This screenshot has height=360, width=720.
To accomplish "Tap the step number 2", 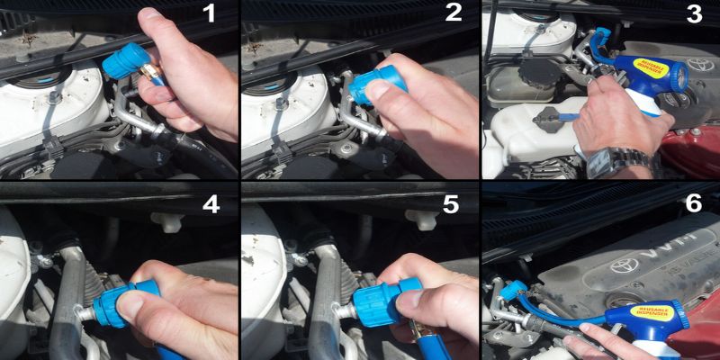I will pos(453,14).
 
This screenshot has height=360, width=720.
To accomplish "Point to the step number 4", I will pos(210,203).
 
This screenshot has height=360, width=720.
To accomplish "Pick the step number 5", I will pos(453,203).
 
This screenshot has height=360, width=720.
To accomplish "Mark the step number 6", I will pos(694,203).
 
